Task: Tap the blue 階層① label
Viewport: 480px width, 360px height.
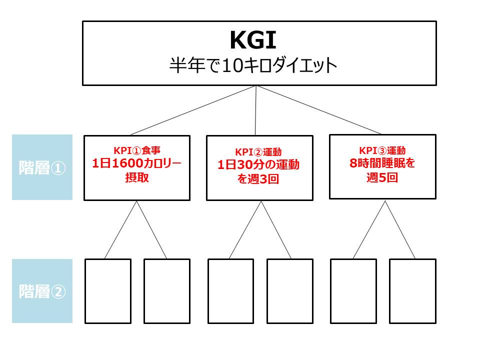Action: point(42,167)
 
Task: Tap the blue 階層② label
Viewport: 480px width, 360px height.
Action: point(42,291)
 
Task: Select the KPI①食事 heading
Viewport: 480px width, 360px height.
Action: point(136,149)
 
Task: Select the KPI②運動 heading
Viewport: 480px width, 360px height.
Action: point(258,152)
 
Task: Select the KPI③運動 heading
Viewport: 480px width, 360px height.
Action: point(382,150)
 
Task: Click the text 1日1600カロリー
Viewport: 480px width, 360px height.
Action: point(136,163)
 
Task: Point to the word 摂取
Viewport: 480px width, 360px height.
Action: point(136,177)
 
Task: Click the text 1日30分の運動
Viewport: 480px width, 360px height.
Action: point(258,165)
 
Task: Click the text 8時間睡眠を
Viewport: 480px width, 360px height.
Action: point(382,163)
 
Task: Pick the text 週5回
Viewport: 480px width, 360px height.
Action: point(382,177)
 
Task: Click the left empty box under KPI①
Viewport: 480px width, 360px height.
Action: point(108,291)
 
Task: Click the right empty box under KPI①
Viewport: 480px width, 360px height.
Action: point(167,291)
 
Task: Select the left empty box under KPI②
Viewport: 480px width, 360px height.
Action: point(231,291)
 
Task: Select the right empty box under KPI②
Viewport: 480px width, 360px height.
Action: point(290,291)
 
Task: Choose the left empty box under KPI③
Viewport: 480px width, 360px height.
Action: point(354,291)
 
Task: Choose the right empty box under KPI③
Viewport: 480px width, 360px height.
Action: point(412,291)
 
